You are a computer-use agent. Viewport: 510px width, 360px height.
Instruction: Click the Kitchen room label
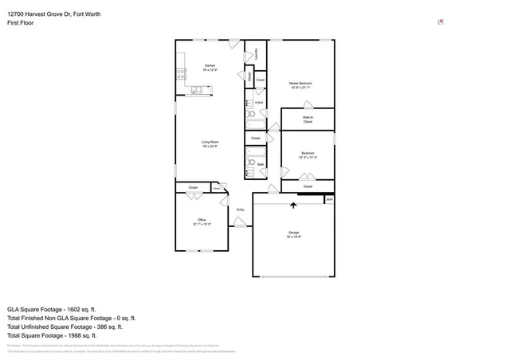[209, 65]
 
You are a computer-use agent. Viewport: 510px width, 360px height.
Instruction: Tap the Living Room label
[209, 142]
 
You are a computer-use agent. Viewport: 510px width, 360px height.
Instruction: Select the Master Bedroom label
[300, 83]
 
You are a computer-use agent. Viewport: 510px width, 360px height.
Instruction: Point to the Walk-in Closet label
[307, 119]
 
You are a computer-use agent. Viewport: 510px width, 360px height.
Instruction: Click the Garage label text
[293, 233]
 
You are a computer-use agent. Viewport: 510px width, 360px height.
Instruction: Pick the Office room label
[201, 220]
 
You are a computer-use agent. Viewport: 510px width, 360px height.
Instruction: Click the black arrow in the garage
[292, 205]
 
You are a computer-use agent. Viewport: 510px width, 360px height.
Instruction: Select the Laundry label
[256, 53]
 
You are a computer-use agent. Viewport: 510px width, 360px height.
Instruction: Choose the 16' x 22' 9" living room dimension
[209, 147]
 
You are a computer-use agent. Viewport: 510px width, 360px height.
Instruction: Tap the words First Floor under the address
[22, 24]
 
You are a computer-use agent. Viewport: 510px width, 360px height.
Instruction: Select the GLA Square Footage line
[52, 308]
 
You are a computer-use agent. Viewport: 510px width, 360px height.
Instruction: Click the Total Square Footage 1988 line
[57, 335]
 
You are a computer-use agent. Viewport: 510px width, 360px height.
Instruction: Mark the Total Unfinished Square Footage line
[65, 327]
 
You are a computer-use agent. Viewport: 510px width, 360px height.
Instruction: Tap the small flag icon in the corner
[441, 22]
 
